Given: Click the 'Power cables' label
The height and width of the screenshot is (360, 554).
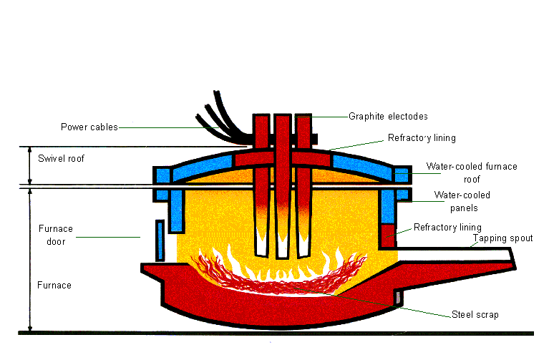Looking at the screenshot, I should [89, 127].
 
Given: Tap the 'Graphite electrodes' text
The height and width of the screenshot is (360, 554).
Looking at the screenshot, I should [388, 116].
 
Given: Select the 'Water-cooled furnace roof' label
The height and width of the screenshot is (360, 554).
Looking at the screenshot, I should [471, 172].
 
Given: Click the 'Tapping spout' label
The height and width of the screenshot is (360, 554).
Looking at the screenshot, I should [503, 238].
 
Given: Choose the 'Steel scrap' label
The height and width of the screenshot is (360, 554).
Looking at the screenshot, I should [475, 314].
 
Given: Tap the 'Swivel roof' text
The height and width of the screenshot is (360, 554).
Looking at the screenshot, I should [61, 158].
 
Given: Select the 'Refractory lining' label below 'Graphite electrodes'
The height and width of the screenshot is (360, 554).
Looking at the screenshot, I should [422, 137].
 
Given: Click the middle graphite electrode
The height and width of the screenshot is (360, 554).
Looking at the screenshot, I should [283, 186].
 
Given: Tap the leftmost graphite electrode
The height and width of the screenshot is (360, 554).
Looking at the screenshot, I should [261, 186].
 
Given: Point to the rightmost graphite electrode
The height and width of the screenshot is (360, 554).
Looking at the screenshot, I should [304, 186].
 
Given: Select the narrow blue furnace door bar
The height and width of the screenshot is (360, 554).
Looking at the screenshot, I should [160, 240].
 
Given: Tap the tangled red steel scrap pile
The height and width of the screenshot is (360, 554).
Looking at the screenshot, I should [279, 273].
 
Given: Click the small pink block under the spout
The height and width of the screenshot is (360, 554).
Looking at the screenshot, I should [399, 296].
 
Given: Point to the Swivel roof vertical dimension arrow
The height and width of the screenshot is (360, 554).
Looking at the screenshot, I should [29, 166].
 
